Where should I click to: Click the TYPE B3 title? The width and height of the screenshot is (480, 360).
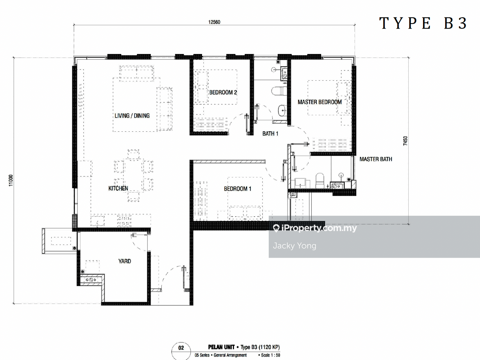coord(423,23)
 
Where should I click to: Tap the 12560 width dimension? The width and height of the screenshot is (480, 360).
coord(214,22)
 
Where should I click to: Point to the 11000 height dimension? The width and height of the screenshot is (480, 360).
coord(11,180)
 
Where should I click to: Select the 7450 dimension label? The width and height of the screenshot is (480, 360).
coord(405,141)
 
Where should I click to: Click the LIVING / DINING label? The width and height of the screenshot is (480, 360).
coord(132,116)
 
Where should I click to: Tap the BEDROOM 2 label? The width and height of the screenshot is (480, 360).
coord(223,92)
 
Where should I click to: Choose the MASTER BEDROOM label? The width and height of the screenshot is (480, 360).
coord(320,102)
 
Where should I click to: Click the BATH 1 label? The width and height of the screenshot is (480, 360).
coord(270,134)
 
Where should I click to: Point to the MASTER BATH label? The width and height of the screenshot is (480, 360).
coord(376,159)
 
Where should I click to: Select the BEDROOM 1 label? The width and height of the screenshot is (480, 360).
coord(237,189)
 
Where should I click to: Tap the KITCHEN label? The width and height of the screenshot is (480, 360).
coord(118,188)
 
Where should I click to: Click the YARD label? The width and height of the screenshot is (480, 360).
coord(125,261)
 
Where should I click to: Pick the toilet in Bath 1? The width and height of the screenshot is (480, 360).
coord(279,91)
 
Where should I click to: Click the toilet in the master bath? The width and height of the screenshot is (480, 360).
coord(320,181)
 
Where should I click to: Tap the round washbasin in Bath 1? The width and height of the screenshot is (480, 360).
coord(282,110)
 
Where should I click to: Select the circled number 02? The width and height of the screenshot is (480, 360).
coord(181,348)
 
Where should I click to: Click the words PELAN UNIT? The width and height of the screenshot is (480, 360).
coord(221,347)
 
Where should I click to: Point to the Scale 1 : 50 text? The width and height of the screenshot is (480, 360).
coord(271,355)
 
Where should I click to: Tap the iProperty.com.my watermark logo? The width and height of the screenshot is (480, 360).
coord(315,228)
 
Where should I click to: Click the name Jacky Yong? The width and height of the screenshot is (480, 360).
coord(294,246)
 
